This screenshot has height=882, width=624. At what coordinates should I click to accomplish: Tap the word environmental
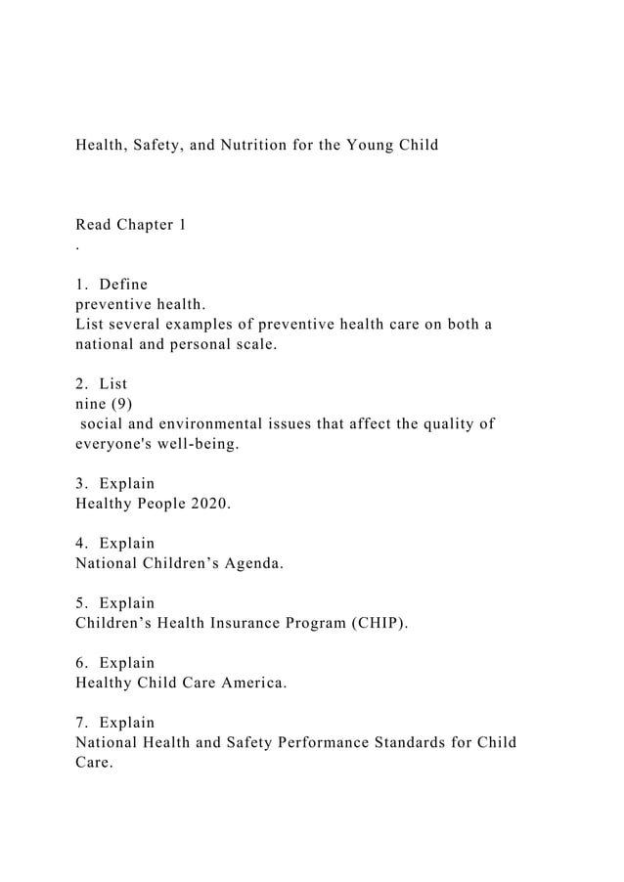coord(254,423)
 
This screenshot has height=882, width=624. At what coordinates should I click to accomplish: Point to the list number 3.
coord(81,484)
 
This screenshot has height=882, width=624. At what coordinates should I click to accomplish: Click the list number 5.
coord(81,603)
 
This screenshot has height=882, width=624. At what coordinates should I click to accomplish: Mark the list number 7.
coord(81,723)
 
